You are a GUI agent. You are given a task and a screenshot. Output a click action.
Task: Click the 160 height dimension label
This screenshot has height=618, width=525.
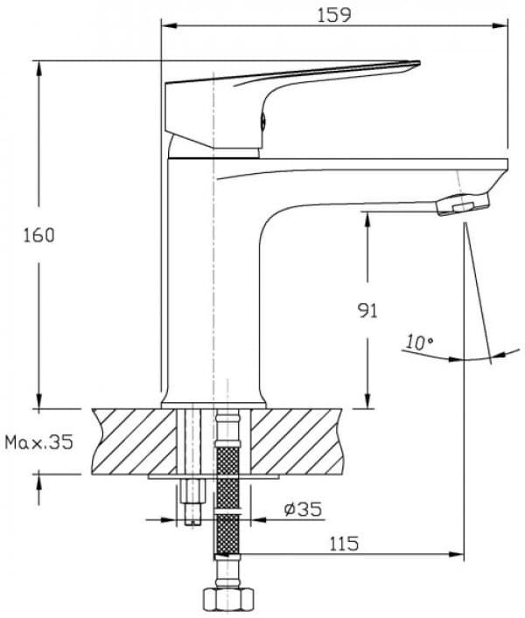pos(40,235)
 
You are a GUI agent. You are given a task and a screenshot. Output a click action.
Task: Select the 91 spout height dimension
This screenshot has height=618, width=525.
pos(368,310)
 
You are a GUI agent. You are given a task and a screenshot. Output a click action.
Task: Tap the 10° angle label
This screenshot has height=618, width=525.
pos(420,343)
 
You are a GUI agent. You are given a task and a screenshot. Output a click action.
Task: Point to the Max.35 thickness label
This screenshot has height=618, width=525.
pos(38,442)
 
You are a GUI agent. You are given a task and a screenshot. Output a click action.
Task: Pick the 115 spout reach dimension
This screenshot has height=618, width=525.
pos(345,544)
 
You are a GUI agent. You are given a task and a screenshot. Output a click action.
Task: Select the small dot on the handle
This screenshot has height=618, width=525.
pos(262,122)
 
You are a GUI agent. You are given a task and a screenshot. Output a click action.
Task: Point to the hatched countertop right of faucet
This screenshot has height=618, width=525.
pos(297,441)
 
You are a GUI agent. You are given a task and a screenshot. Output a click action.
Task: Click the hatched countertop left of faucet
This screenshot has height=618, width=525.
pos(131,441)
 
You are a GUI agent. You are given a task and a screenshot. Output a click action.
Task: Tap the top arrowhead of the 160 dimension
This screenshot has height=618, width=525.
pos(39,66)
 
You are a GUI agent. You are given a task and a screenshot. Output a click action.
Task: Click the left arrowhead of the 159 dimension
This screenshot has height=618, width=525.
pos(166,25)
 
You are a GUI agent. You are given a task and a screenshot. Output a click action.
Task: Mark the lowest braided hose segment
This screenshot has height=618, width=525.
pos(226,535)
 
